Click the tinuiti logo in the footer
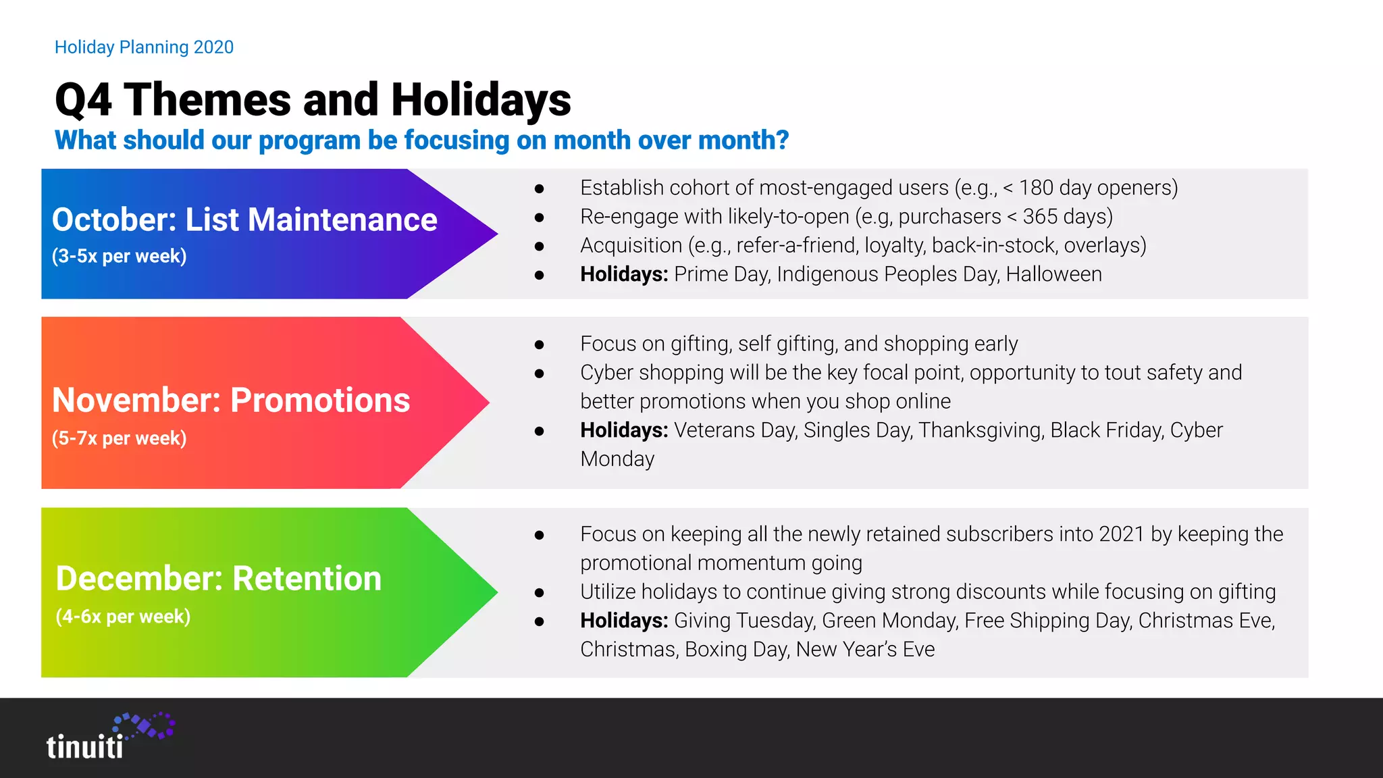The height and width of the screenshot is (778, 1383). (108, 737)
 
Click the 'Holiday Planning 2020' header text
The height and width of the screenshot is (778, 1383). (144, 47)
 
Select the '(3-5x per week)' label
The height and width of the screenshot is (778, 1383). (120, 257)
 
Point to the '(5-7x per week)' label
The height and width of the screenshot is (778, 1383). (120, 438)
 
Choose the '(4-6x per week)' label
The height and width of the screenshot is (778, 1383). (123, 617)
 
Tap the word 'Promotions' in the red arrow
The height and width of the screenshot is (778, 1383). (320, 400)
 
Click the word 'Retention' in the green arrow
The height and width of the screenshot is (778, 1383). (307, 579)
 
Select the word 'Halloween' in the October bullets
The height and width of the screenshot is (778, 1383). (1053, 274)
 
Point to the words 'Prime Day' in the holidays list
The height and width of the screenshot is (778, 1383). (721, 274)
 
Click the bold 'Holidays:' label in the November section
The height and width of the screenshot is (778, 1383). (623, 430)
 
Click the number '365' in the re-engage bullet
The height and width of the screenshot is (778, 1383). (1041, 217)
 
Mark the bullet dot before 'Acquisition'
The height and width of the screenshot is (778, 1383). (539, 247)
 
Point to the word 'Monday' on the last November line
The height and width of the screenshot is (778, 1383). (617, 459)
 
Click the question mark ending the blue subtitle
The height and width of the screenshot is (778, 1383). (782, 140)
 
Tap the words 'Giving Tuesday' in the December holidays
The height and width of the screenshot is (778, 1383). (744, 621)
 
